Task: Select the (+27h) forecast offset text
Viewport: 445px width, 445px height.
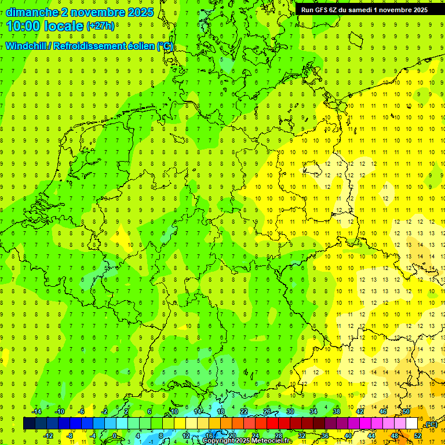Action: click(101, 26)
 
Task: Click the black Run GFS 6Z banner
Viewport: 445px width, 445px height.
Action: click(364, 10)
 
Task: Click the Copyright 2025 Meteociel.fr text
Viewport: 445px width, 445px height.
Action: click(247, 441)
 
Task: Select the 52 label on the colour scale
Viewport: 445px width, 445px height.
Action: click(418, 436)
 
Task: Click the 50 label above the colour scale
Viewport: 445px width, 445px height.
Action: click(406, 411)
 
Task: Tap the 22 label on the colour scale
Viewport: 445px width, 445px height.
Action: click(244, 411)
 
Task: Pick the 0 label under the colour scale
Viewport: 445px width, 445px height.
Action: click(115, 436)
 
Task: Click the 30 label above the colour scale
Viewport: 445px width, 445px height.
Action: click(290, 411)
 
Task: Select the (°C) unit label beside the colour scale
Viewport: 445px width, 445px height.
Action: click(431, 424)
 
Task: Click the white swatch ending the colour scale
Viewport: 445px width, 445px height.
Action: click(412, 424)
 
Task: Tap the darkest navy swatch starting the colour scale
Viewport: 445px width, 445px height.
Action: click(29, 424)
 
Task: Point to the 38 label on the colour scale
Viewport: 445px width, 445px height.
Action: click(337, 411)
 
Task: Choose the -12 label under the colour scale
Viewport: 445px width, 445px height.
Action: click(49, 436)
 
